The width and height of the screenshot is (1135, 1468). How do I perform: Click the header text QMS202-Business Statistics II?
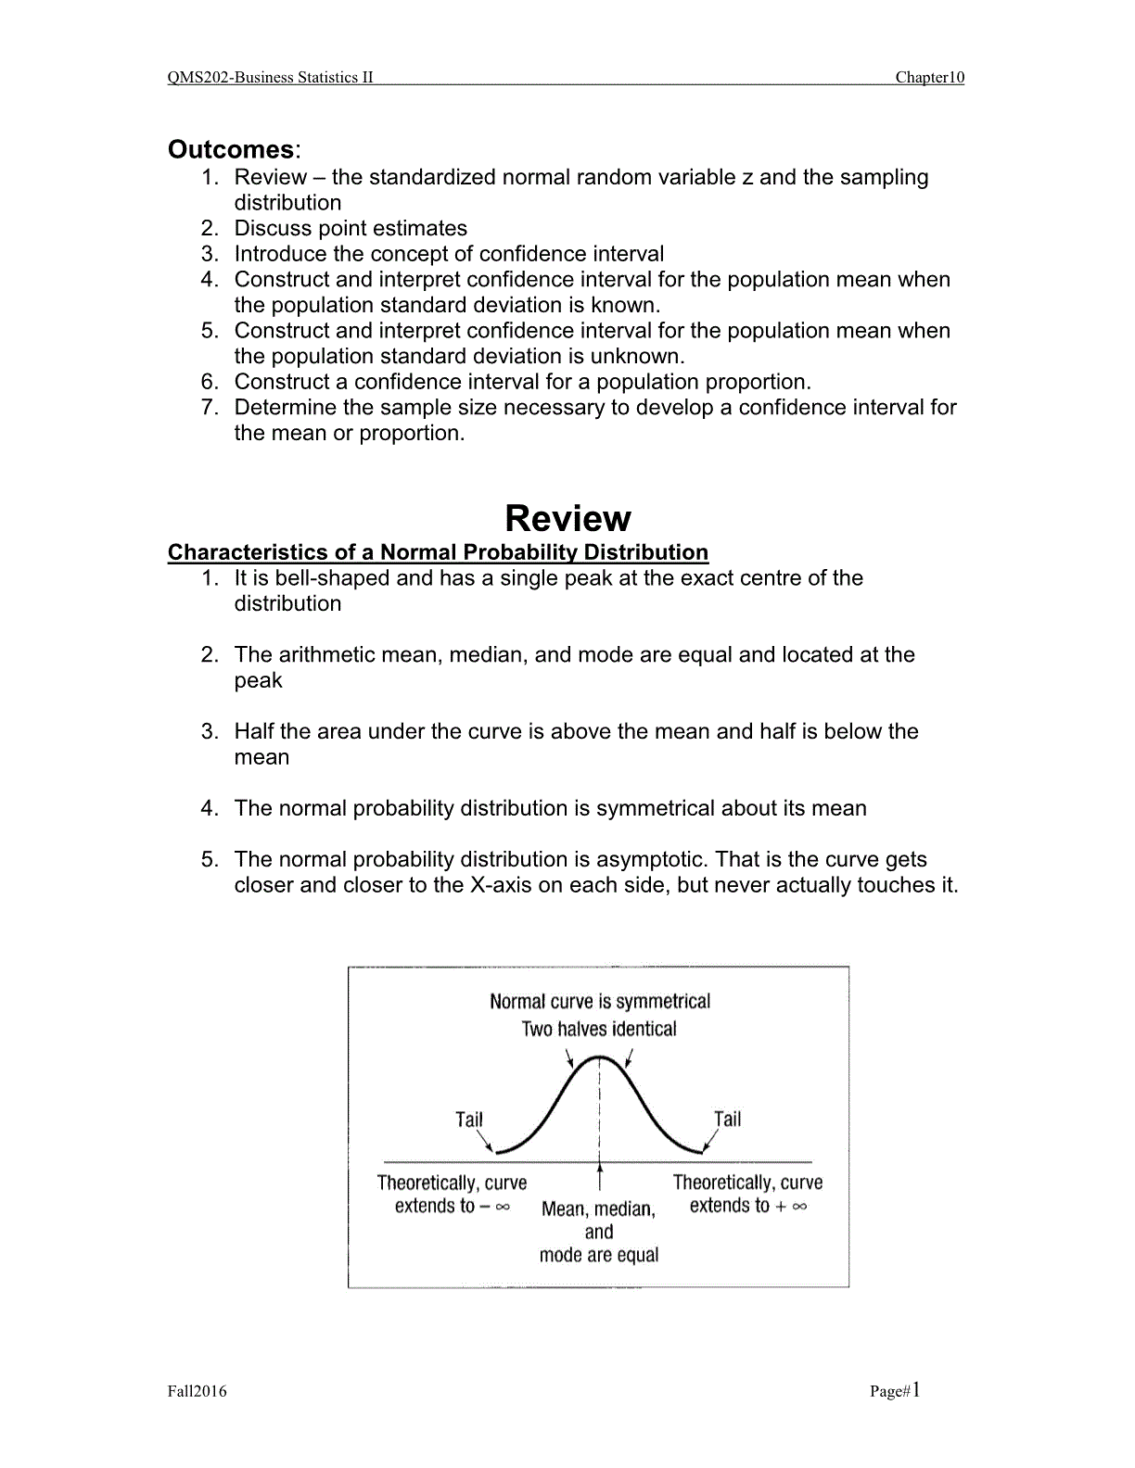click(x=270, y=78)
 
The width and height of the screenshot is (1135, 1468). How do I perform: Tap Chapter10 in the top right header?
click(x=929, y=78)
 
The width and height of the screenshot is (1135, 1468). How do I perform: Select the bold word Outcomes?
click(x=231, y=149)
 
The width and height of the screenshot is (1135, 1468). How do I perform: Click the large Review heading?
click(x=567, y=518)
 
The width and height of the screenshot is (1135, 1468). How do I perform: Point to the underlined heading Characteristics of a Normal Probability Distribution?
click(x=438, y=552)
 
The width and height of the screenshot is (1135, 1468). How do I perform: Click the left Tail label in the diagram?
click(x=469, y=1120)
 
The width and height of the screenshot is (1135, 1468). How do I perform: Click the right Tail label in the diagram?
click(x=728, y=1120)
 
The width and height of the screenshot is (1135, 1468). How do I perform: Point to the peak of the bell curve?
click(x=601, y=1057)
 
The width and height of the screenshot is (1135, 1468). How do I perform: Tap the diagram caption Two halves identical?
click(x=599, y=1029)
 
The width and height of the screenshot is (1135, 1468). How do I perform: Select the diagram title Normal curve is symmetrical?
click(x=599, y=1002)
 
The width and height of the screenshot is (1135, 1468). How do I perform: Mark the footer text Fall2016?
click(x=197, y=1391)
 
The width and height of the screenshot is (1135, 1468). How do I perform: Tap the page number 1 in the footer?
click(x=916, y=1389)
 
